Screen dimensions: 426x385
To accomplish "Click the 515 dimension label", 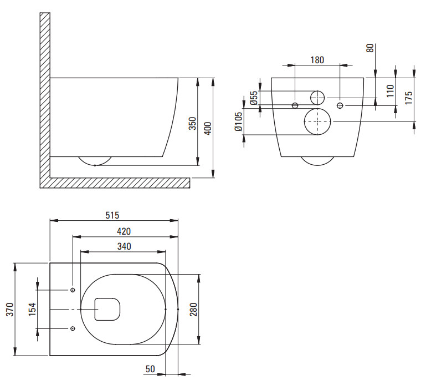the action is pos(112,215).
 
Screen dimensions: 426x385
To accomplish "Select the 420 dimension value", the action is pos(124,231).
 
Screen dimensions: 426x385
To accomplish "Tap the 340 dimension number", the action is pos(124,246).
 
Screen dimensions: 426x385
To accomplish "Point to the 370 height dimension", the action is pos(10,310).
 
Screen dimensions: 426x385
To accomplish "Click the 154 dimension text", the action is pos(32,309).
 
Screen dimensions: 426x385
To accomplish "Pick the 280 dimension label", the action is pos(193,310).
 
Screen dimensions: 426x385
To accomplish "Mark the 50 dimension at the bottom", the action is pos(150,369).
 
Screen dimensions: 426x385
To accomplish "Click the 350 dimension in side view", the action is pos(192,124).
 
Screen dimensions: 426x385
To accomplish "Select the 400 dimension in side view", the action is pos(208,128).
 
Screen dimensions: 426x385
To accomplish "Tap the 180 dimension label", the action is pos(317,60).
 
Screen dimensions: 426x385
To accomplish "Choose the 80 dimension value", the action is pos(370,48).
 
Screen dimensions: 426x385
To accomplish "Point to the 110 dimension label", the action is pos(390,91).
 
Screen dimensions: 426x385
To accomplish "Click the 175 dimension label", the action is pos(408,98).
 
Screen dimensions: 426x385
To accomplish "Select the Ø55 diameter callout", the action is pos(253,98).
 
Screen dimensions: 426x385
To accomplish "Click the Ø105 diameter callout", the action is pos(238,121).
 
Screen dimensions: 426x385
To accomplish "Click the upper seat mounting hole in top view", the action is pos(73,290).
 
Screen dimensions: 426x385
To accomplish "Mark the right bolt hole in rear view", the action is pos(340,105).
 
